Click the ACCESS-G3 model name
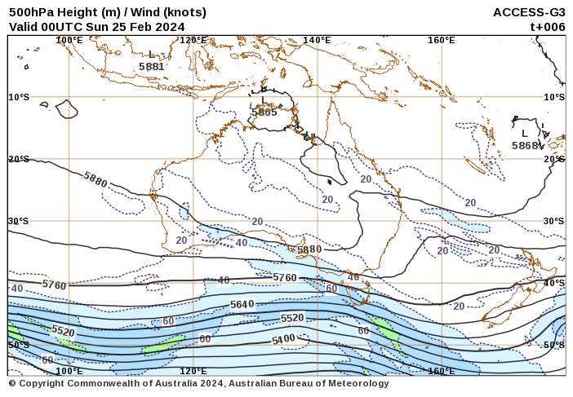529,12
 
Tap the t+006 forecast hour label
547,26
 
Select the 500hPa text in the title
31,12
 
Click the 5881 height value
151,66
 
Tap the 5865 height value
264,112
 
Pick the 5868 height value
526,145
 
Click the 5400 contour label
283,338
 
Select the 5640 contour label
242,304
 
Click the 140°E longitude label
317,40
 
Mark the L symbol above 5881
151,55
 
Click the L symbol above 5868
525,134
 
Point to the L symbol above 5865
263,100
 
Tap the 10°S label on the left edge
19,97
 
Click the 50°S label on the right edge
554,345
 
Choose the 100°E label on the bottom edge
69,371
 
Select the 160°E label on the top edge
441,40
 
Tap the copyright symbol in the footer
12,383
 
